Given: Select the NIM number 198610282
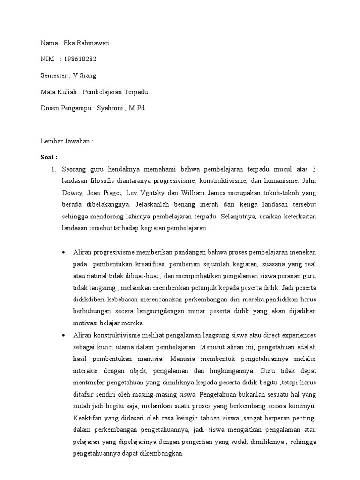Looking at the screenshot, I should coord(80,59).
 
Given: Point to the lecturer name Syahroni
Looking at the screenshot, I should coord(112,108).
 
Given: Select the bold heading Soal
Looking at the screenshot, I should coord(48,156).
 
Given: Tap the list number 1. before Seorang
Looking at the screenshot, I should coord(54,169).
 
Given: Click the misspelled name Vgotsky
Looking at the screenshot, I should coord(152,193).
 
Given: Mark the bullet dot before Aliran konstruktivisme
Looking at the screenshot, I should coord(64,335).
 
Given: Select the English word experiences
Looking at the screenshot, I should coord(293,335).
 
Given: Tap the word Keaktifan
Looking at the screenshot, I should coord(88,417).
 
